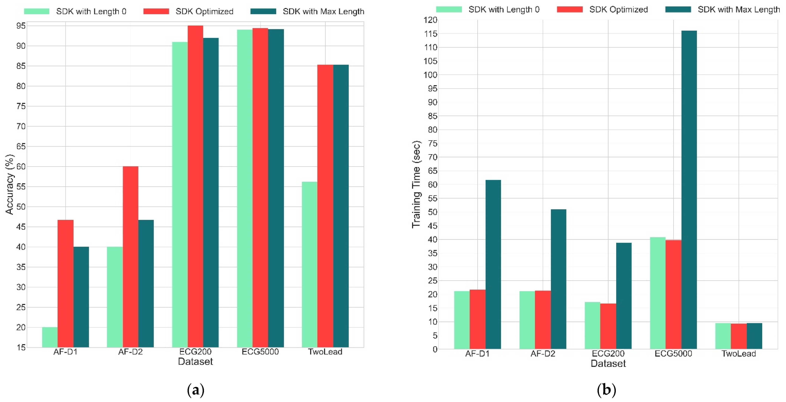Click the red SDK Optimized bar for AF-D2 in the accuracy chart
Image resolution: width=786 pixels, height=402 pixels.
pos(130,257)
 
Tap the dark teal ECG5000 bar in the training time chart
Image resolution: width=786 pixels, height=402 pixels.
pos(689,189)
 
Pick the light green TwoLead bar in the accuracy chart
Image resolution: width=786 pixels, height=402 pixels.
pos(309,264)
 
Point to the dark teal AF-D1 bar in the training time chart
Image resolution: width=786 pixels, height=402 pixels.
pos(493,264)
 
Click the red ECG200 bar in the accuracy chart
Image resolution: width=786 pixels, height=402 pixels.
pos(195,186)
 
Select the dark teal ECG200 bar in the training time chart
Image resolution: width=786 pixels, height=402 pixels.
pos(624,296)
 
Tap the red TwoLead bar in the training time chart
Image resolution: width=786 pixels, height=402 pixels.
pos(738,336)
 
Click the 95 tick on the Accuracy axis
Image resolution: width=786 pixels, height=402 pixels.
pos(21,26)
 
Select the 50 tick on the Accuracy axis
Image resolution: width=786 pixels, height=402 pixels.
pos(21,207)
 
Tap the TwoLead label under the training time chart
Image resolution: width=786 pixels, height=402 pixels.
pos(738,354)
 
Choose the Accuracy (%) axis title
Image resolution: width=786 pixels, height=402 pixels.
pos(10,185)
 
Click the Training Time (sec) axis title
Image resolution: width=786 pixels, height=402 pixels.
pos(416,185)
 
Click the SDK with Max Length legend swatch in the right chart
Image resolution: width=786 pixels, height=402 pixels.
pos(678,9)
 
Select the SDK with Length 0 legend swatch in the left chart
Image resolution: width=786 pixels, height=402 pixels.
pos(37,11)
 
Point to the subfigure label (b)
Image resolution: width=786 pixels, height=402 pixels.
pos(606,390)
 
